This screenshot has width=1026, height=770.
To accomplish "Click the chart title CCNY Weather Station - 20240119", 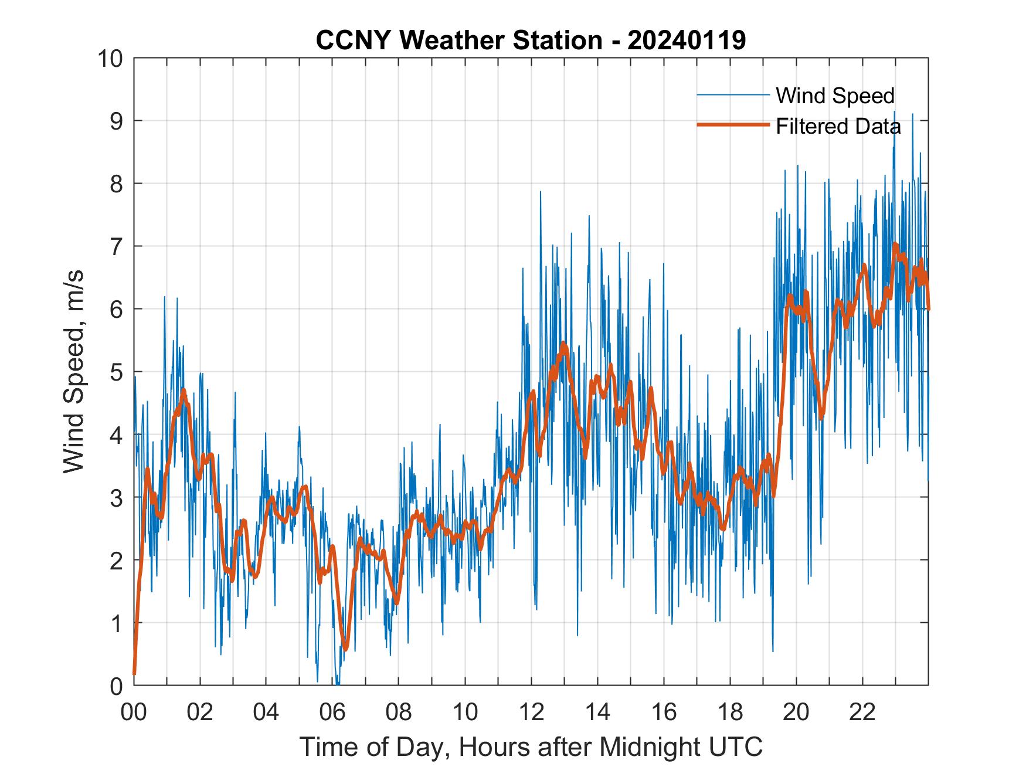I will (531, 40).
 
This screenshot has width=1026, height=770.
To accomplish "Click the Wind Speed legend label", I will (835, 96).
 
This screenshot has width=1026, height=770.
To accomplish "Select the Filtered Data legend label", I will (838, 126).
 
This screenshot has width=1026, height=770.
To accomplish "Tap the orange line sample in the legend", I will (733, 125).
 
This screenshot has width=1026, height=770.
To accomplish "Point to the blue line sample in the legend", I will (733, 95).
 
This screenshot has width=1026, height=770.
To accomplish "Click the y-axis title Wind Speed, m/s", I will (74, 371).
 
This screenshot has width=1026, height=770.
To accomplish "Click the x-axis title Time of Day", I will (531, 747).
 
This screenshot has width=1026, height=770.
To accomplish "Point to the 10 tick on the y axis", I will (111, 59).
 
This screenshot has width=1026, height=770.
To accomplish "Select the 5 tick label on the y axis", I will (116, 372).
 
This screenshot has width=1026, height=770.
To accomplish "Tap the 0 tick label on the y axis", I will (116, 686).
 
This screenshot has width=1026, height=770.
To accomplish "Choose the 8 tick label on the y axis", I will (116, 184).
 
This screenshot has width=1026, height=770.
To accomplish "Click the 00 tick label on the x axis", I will (134, 713).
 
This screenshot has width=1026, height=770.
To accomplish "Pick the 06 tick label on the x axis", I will (332, 713).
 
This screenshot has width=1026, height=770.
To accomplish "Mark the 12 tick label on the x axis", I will (531, 713).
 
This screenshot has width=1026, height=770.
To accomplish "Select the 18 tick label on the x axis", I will (730, 713).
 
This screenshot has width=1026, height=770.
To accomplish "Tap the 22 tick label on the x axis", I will (862, 713).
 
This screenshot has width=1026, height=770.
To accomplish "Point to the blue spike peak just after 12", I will (540, 191).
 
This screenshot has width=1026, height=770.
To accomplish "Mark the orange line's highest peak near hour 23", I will (895, 245).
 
